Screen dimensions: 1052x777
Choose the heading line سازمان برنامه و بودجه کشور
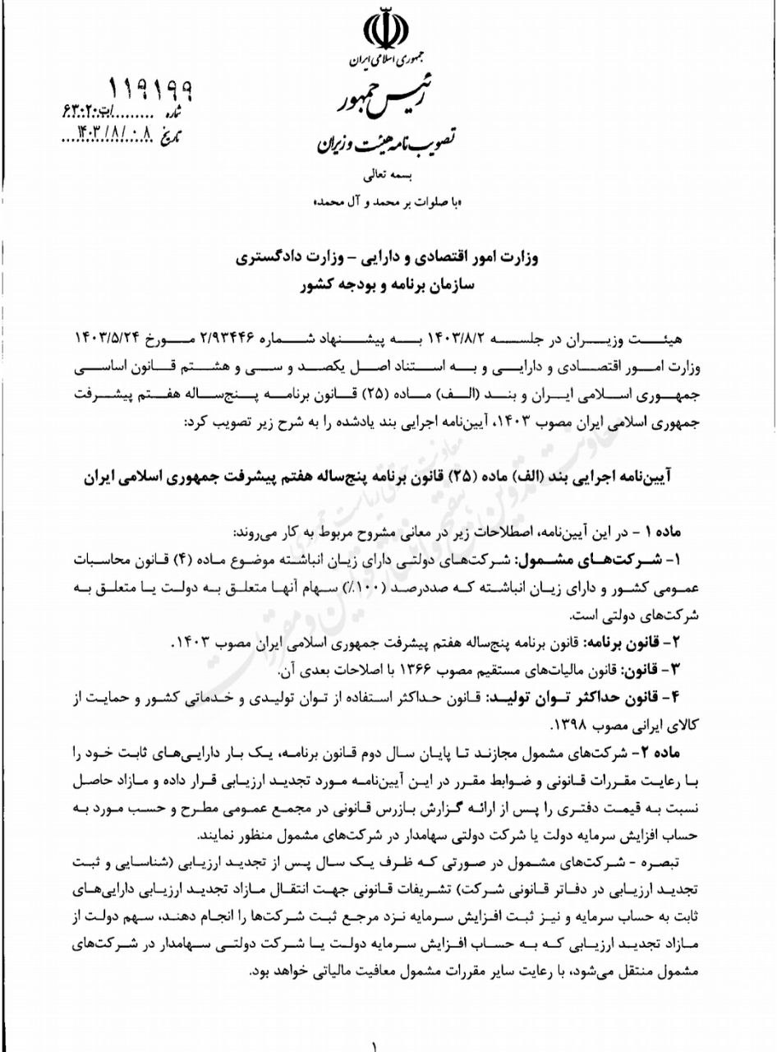386,287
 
